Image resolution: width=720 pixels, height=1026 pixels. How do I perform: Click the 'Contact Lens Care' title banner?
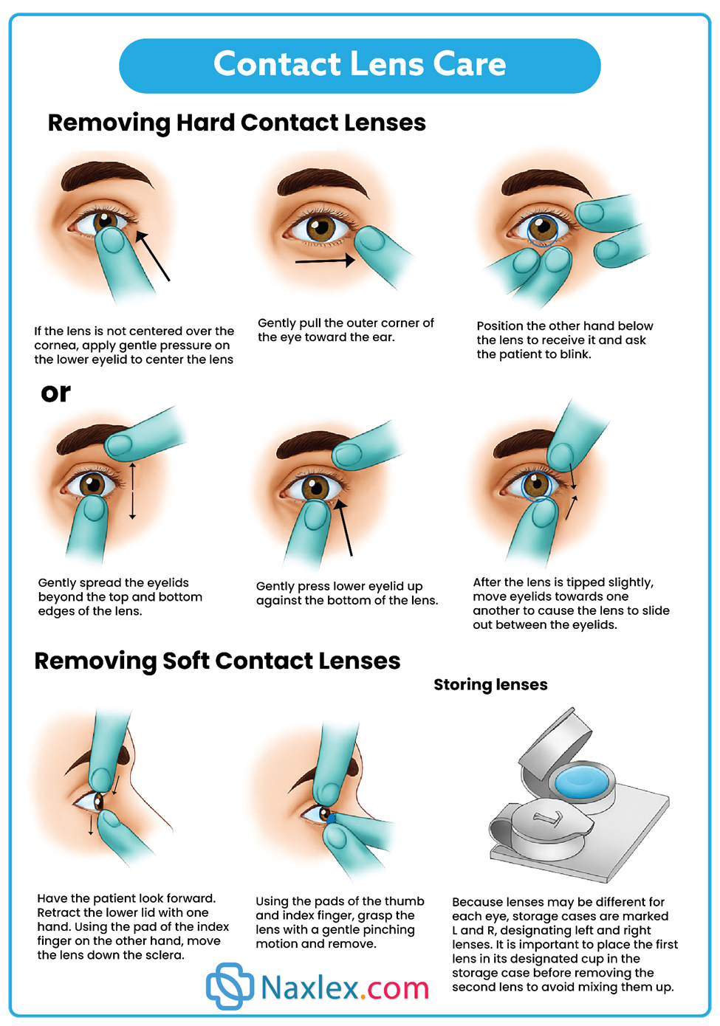coord(360,66)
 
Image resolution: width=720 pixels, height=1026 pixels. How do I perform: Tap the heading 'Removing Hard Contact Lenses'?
coord(237,123)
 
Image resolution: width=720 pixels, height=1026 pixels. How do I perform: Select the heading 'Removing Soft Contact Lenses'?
coord(217,661)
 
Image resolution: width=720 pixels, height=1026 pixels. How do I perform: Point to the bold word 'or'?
coord(55,393)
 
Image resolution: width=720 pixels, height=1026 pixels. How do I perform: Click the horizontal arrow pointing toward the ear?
coord(325,261)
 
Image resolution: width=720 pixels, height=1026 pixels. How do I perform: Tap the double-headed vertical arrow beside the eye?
coord(132,491)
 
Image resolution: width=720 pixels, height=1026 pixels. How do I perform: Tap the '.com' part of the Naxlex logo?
coord(394,988)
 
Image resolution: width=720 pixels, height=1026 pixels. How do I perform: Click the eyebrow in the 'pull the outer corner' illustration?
coord(323,181)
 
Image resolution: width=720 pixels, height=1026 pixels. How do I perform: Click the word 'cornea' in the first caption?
coord(55,345)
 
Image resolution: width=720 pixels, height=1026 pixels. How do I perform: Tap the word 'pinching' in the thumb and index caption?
coord(389,930)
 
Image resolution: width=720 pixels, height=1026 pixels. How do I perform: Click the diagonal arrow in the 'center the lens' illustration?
coord(153,256)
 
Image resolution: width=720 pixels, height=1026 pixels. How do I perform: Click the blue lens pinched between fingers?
coord(330,818)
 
